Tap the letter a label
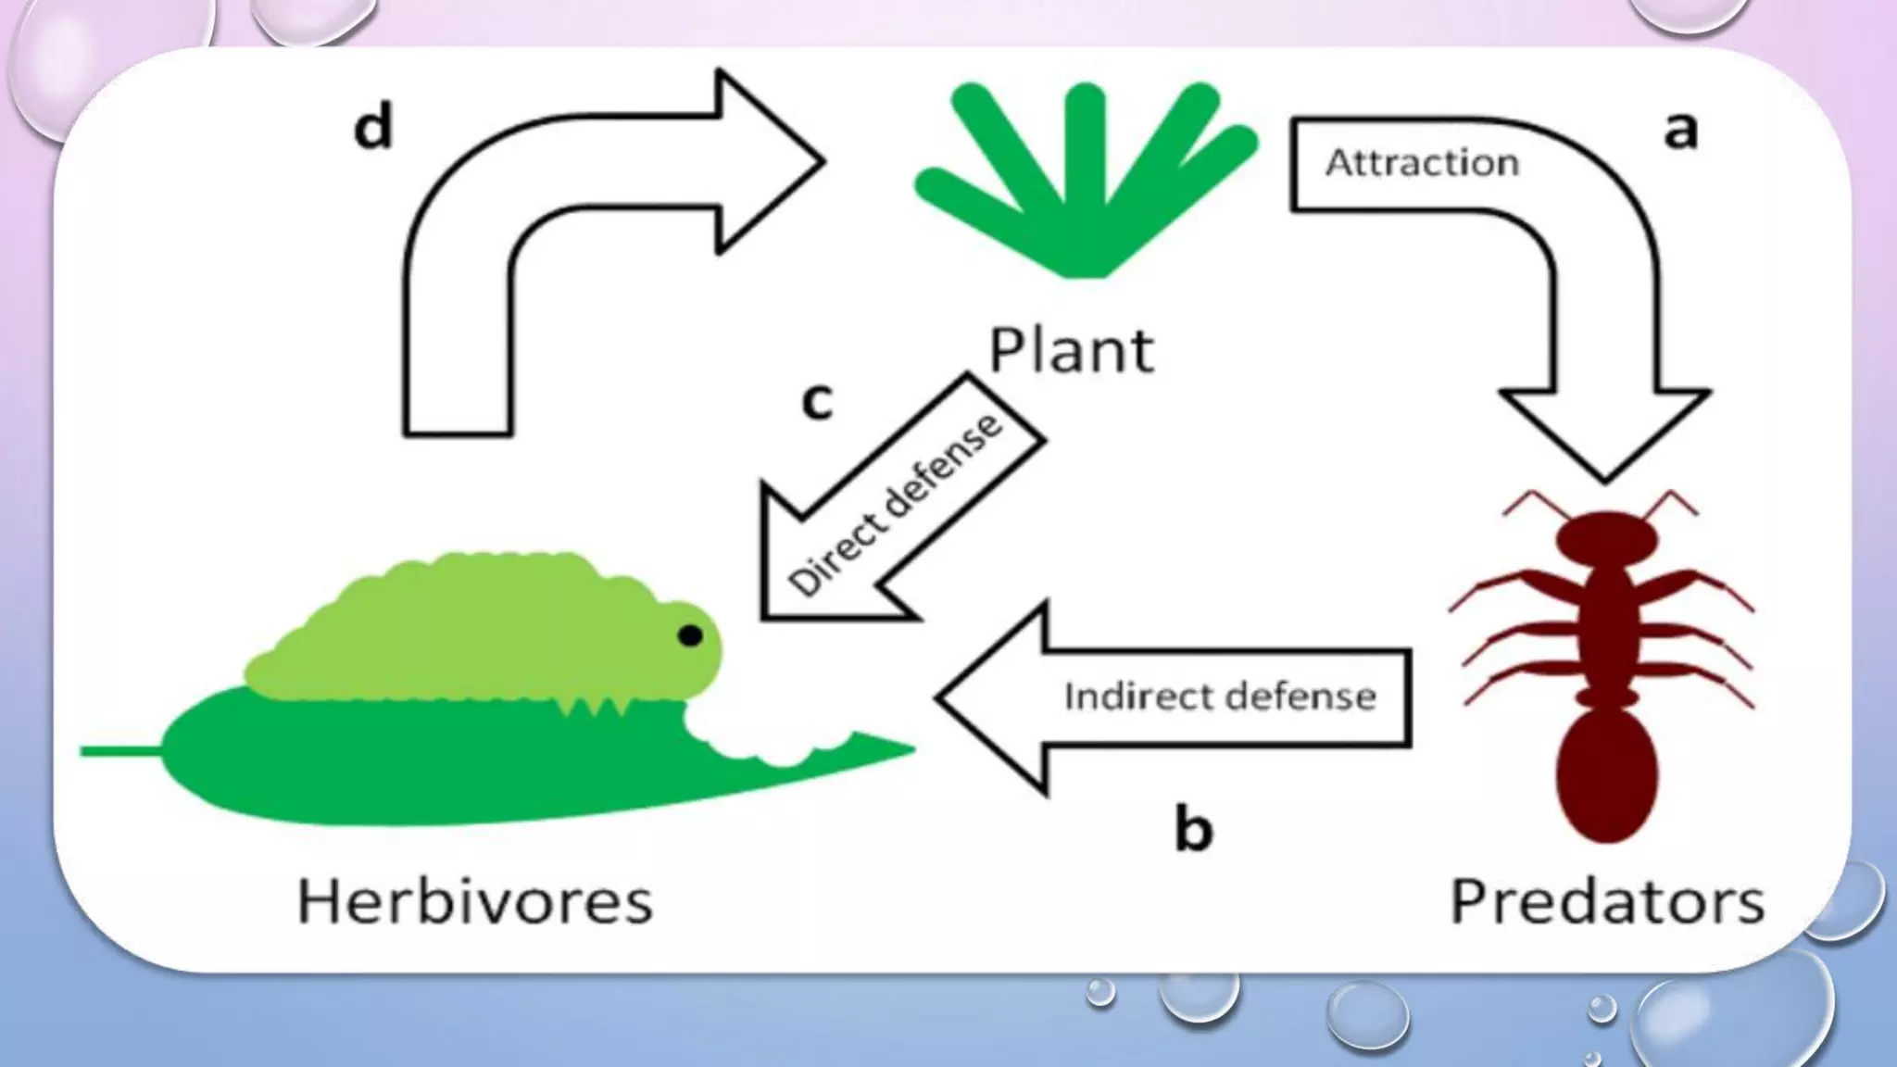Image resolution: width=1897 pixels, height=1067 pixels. (x=1680, y=131)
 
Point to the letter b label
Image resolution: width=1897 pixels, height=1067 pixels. (x=1193, y=828)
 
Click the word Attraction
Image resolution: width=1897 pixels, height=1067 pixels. (x=1422, y=163)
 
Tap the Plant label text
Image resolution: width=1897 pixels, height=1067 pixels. (x=1072, y=351)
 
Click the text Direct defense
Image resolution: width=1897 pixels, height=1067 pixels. (x=896, y=505)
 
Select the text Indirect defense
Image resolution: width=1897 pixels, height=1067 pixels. (x=1220, y=697)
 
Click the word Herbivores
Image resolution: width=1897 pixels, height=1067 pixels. (x=474, y=901)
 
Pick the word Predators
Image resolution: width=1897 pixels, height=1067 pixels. (x=1606, y=901)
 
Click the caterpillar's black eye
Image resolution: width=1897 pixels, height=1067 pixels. (x=690, y=635)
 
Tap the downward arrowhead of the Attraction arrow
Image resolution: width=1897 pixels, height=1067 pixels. (x=1605, y=431)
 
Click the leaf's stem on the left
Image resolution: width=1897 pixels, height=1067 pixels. (x=120, y=751)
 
